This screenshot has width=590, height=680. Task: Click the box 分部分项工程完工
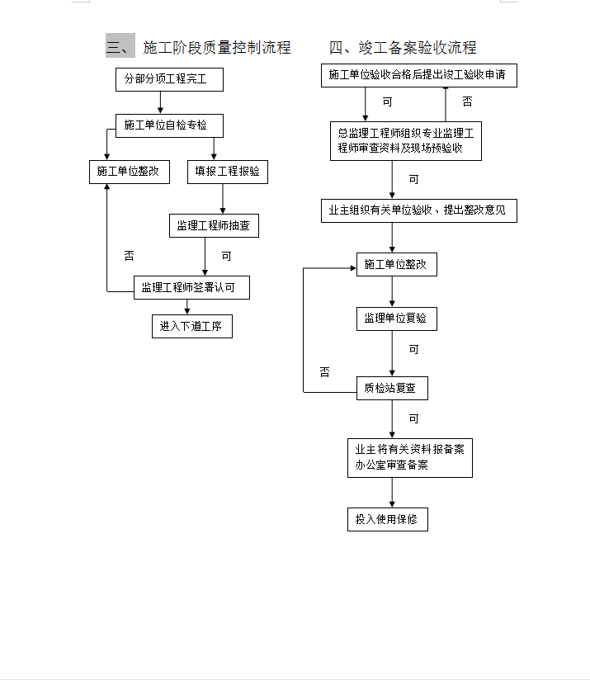tap(169, 79)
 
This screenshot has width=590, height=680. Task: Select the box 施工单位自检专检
tap(169, 125)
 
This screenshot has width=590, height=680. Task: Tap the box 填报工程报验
tap(228, 172)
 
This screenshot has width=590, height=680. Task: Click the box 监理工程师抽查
tap(215, 225)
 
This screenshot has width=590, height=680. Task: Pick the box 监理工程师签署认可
tap(191, 287)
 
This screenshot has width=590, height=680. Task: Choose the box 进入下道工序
tap(192, 326)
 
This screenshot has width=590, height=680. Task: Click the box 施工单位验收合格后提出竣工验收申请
tap(419, 75)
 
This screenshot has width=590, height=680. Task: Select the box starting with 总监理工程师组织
tap(406, 141)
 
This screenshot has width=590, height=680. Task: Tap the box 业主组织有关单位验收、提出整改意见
tap(419, 210)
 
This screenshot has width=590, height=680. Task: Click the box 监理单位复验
tap(397, 319)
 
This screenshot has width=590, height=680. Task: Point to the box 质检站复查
tap(392, 388)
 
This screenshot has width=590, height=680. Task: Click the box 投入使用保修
tap(388, 520)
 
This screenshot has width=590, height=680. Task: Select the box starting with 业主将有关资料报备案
tap(410, 458)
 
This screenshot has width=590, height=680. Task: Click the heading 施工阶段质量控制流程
tap(217, 47)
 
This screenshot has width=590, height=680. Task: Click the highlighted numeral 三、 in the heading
tap(120, 45)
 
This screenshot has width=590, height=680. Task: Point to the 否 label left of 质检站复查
tap(324, 372)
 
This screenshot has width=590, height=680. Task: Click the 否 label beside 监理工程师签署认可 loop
tap(130, 256)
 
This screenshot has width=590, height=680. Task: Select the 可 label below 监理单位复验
tap(414, 350)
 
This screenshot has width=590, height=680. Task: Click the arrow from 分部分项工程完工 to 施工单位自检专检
tap(160, 103)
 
